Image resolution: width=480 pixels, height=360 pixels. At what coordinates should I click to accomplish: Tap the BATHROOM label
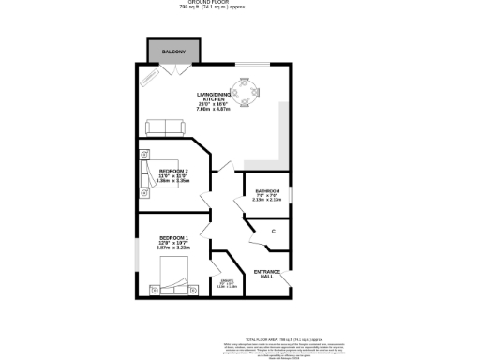pyautogui.click(x=267, y=190)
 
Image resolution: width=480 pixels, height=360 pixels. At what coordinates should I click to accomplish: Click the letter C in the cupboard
pyautogui.click(x=273, y=231)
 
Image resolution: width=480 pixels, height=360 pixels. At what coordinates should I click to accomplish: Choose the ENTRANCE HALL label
pyautogui.click(x=267, y=274)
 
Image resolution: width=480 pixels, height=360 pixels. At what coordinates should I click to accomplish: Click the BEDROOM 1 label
pyautogui.click(x=173, y=238)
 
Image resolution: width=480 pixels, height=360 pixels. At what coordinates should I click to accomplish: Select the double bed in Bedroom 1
pyautogui.click(x=174, y=277)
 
